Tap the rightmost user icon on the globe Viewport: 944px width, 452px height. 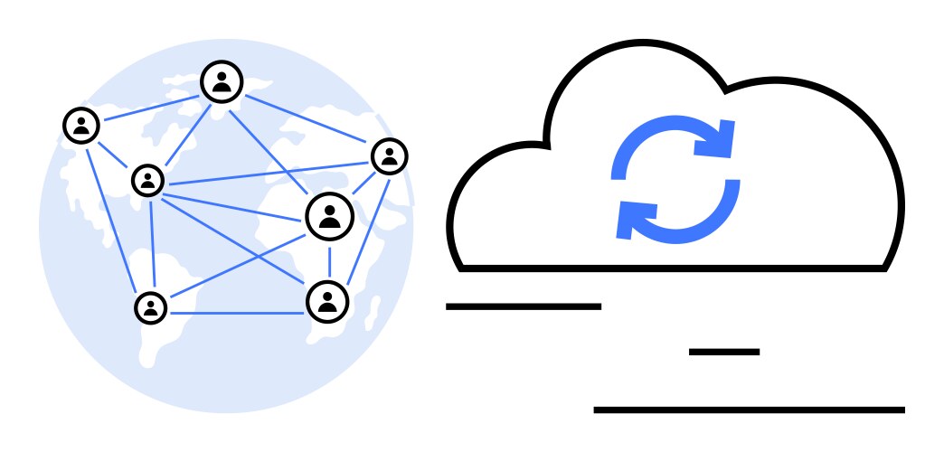[x=390, y=156]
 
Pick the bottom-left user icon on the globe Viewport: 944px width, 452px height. [x=151, y=306]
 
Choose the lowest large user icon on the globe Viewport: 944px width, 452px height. [x=327, y=301]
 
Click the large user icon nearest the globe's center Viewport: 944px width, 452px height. [x=329, y=216]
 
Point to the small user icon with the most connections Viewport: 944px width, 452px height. [x=147, y=180]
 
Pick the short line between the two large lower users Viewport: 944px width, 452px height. [x=329, y=260]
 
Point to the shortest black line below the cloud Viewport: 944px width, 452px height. [x=723, y=352]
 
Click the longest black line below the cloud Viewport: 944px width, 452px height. [x=749, y=410]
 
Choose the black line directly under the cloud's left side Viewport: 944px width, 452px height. [x=524, y=306]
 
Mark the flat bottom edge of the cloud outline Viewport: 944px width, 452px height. [x=673, y=268]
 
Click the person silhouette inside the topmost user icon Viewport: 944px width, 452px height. [x=222, y=84]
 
